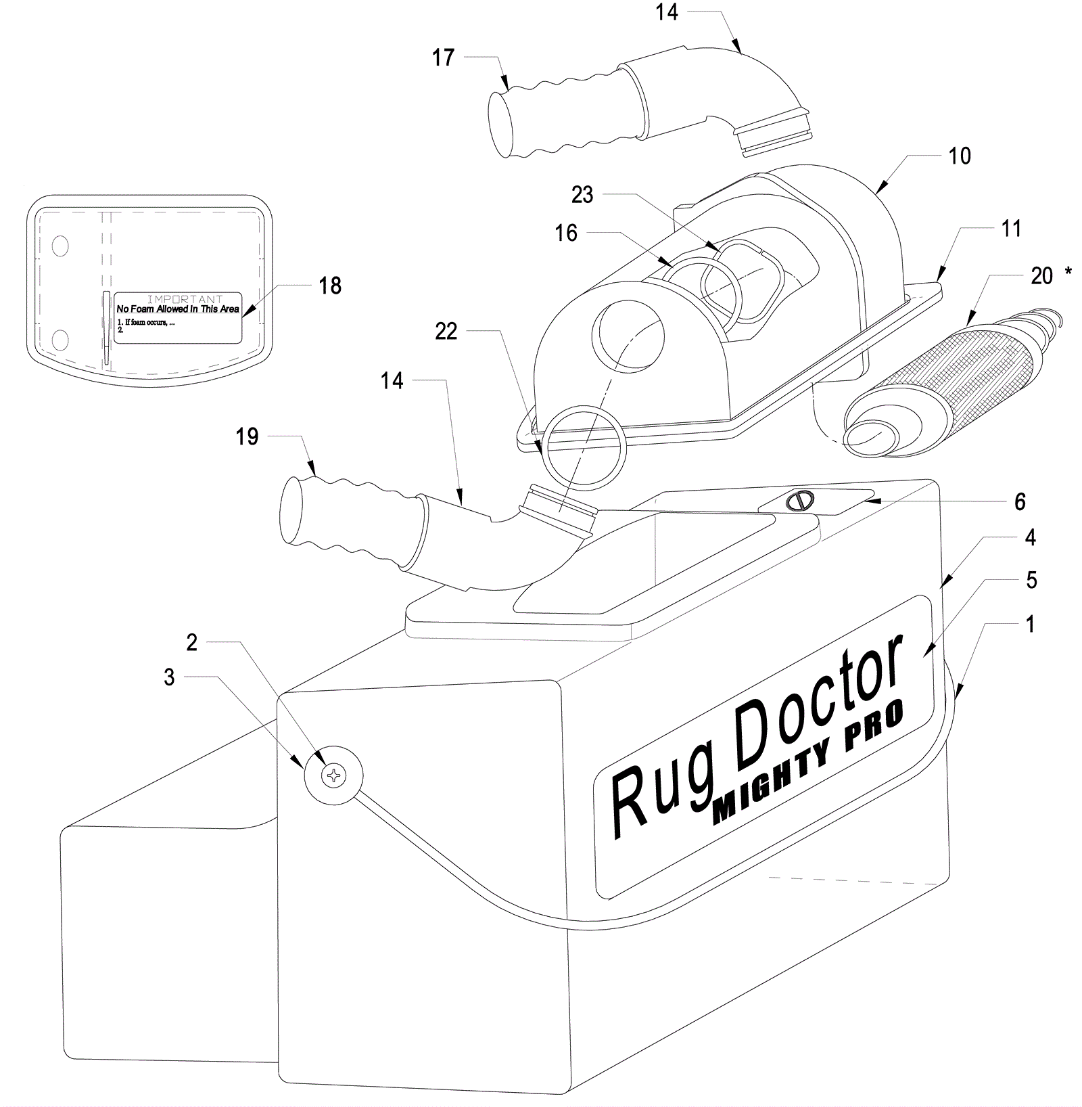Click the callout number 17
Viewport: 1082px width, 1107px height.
point(444,58)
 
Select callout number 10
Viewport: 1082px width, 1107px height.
point(960,156)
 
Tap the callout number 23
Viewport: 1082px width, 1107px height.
point(582,195)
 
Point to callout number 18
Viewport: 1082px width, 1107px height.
point(330,286)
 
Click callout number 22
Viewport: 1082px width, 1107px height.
point(446,332)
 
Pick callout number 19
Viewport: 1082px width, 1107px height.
point(248,436)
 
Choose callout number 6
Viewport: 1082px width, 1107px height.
point(1020,501)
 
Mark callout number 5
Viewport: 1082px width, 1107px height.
point(1031,581)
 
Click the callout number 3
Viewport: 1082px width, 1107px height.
point(169,677)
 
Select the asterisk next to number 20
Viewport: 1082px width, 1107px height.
point(1068,271)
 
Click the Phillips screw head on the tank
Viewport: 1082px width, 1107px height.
point(334,775)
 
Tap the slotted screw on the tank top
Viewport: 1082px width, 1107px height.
point(800,501)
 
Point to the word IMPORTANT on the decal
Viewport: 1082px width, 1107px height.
point(185,299)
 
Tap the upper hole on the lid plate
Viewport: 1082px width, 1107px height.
point(60,246)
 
